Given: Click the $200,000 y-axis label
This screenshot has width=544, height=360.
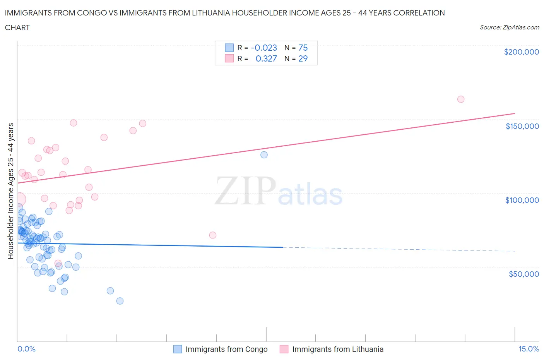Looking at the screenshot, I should (521, 52).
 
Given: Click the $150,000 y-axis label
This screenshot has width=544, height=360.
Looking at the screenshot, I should (522, 126).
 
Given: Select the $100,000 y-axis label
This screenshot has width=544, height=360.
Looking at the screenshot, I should (522, 200).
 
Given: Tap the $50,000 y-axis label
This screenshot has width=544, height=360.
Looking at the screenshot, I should (523, 274).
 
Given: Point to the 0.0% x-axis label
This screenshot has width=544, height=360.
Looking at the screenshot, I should (26, 349).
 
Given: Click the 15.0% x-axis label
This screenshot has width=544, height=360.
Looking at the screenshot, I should (529, 349).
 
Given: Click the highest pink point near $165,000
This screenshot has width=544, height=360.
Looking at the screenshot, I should (460, 99).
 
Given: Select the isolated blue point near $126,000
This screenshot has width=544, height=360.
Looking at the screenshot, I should (264, 155).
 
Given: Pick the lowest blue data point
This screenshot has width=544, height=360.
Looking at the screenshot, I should (120, 301).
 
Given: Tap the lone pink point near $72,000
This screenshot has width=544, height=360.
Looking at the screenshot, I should (212, 235).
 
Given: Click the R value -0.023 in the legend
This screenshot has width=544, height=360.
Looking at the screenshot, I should (264, 48).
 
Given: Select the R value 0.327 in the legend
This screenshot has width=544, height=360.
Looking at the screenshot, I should (266, 58).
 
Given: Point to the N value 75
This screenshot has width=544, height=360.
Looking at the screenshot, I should (303, 48).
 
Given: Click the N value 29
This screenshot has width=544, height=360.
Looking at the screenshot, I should (303, 58).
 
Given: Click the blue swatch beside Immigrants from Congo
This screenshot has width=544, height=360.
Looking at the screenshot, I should (178, 349).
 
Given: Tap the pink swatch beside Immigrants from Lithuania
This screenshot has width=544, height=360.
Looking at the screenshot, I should (284, 349).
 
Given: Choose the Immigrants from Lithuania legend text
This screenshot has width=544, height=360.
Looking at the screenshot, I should (338, 349).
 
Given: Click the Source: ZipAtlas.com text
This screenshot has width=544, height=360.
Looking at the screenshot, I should (509, 27).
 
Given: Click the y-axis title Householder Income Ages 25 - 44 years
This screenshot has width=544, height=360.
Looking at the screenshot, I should (11, 191).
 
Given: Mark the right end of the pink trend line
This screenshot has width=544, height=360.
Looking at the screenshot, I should (515, 113).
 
